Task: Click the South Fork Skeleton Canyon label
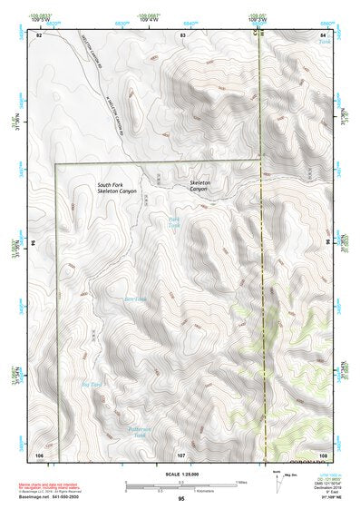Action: (x=117, y=189)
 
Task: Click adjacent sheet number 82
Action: (x=39, y=34)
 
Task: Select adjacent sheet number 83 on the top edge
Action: (x=183, y=34)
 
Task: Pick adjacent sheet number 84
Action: (x=324, y=34)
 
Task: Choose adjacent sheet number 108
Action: (x=323, y=453)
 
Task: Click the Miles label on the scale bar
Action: (x=242, y=482)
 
